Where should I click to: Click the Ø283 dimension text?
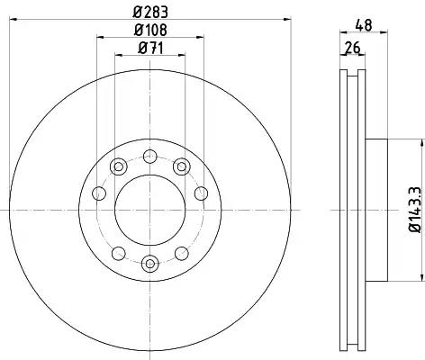(150, 13)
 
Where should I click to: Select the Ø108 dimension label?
(150, 30)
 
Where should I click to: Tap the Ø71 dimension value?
(150, 48)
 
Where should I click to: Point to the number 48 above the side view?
(364, 25)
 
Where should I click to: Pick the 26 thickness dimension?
(352, 48)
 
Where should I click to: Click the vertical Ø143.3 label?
(415, 210)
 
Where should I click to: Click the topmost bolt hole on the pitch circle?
(150, 157)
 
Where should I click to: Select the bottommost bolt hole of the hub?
(150, 264)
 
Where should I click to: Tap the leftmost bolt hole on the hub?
(99, 193)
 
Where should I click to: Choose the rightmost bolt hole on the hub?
(201, 193)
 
